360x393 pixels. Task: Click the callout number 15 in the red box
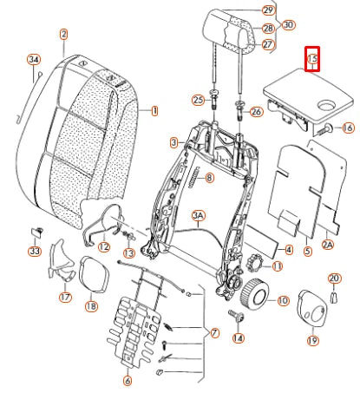point(313,59)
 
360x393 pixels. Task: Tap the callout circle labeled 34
point(34,60)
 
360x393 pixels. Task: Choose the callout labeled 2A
point(328,246)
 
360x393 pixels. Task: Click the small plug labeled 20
point(333,297)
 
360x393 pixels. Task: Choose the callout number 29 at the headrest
point(268,10)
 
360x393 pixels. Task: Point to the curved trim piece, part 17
point(58,261)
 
